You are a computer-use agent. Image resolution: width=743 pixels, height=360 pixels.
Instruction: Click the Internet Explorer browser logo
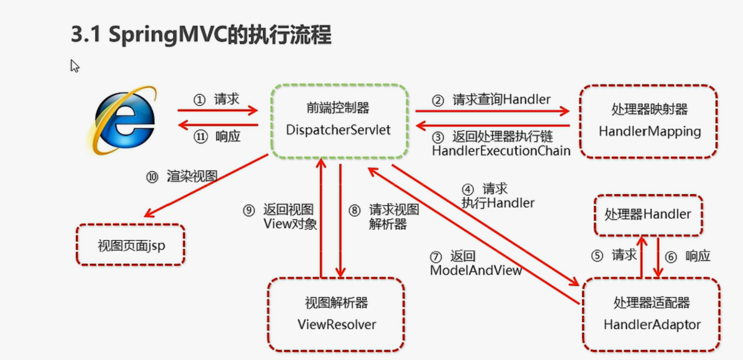[x=122, y=121]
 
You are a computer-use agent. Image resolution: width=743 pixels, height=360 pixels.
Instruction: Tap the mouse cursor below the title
[x=75, y=66]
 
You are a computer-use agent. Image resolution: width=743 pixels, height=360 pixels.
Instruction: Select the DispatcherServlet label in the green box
[x=338, y=130]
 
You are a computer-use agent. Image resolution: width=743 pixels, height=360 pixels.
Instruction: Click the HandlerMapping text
[x=650, y=132]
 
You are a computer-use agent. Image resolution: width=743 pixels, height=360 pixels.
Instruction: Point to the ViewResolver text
[x=337, y=324]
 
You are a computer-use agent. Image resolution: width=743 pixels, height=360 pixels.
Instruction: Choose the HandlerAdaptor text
[x=652, y=324]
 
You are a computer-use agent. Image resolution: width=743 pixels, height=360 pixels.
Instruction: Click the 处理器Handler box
[x=649, y=215]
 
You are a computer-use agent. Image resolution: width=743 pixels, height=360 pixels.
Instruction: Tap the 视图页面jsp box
[x=131, y=245]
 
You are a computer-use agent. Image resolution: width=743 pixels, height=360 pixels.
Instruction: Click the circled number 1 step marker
[x=200, y=100]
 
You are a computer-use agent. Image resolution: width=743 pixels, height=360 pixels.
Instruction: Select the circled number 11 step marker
[x=201, y=136]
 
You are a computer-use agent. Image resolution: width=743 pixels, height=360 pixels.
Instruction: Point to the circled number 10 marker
[x=152, y=177]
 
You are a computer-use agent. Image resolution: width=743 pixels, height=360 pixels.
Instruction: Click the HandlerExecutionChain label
[x=501, y=151]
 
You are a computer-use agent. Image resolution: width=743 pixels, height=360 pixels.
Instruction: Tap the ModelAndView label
[x=476, y=270]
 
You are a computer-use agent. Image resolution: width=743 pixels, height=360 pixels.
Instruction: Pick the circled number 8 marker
[x=355, y=211]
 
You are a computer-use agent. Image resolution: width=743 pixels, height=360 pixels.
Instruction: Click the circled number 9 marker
[x=249, y=211]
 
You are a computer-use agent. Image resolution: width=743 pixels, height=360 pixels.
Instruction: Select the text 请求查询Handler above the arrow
[x=502, y=99]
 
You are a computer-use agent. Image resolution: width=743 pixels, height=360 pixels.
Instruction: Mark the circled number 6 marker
[x=671, y=257]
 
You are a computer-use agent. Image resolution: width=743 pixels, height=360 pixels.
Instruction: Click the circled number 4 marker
[x=467, y=189]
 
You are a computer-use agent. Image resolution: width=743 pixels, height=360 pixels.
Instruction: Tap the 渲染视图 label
[x=192, y=176]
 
